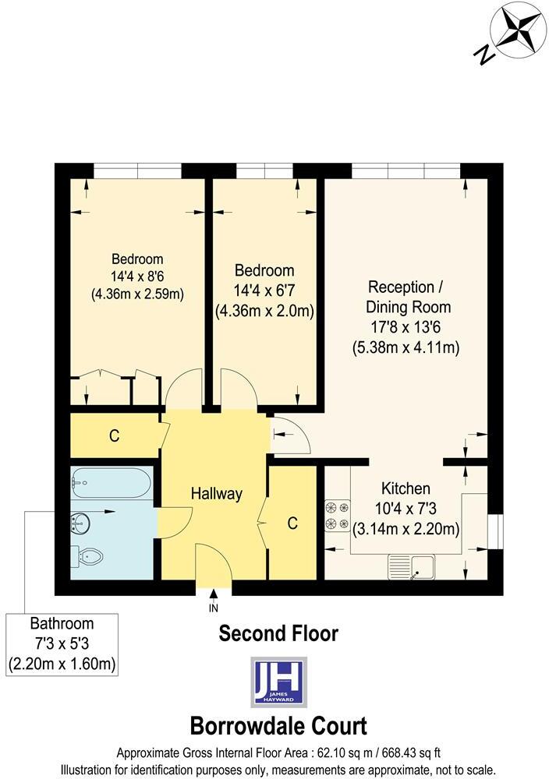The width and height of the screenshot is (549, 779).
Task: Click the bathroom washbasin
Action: pyautogui.click(x=82, y=521)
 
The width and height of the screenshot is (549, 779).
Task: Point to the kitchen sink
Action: pyautogui.click(x=413, y=567)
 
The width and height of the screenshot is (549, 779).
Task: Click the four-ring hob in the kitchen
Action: pyautogui.click(x=337, y=516)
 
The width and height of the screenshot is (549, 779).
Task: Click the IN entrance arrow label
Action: pyautogui.click(x=213, y=608)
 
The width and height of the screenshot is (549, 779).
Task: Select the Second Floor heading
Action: pyautogui.click(x=278, y=634)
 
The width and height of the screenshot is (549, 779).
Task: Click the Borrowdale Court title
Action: pyautogui.click(x=278, y=726)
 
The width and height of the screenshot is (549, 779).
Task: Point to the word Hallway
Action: pyautogui.click(x=217, y=494)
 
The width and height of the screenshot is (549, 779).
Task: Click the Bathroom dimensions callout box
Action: pyautogui.click(x=62, y=644)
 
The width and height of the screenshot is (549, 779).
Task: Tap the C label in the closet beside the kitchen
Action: pyautogui.click(x=292, y=524)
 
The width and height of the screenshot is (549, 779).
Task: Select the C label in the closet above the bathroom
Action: pyautogui.click(x=114, y=436)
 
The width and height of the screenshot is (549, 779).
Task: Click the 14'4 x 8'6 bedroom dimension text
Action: pyautogui.click(x=137, y=277)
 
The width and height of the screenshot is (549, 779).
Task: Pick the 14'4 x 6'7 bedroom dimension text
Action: pyautogui.click(x=264, y=291)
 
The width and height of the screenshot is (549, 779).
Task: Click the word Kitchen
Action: pyautogui.click(x=405, y=489)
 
